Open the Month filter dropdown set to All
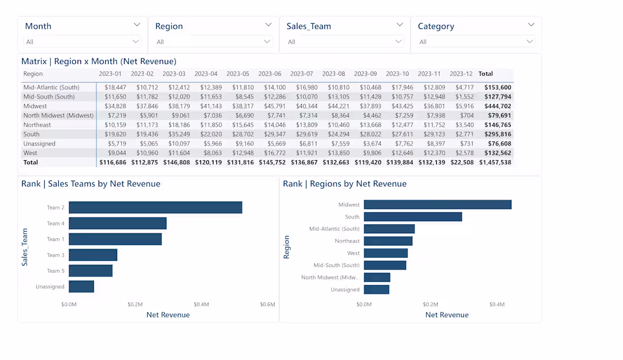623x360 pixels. coord(82,42)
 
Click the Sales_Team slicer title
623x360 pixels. coord(309,26)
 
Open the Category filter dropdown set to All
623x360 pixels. coord(476,42)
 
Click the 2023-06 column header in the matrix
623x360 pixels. coord(270,74)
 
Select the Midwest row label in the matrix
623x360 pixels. coord(35,106)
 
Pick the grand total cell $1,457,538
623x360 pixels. coord(495,162)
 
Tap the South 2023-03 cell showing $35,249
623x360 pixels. coord(174,134)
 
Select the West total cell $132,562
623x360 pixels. coord(498,153)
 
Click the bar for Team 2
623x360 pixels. coord(155,208)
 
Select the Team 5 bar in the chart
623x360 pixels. coord(91,271)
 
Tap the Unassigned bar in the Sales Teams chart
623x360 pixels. coord(81,286)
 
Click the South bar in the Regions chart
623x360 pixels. coord(412,217)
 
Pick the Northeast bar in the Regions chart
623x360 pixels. coord(388,241)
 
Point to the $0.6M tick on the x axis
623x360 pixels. coord(267,305)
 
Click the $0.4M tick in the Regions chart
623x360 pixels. coord(497,305)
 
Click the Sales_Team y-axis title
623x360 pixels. coord(25,247)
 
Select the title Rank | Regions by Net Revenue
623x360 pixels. coord(344,183)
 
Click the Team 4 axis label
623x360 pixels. coord(56,224)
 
